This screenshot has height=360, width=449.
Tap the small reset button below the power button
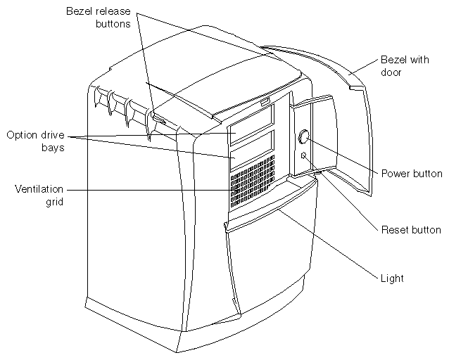[303, 155]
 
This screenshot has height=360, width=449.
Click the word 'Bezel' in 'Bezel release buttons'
[80, 12]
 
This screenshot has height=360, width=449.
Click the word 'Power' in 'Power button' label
[394, 174]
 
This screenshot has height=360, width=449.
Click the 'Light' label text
[393, 278]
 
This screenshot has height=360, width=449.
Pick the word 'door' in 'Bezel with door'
[391, 72]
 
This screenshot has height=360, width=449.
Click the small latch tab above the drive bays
[263, 105]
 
